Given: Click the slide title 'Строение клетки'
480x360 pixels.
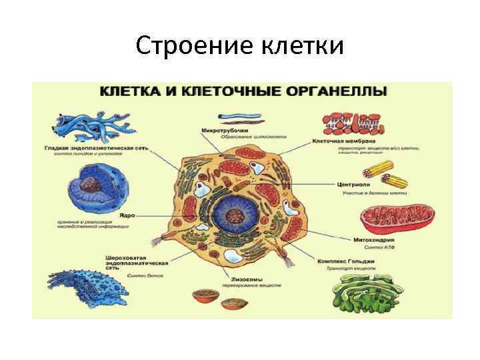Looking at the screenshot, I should click(240, 46).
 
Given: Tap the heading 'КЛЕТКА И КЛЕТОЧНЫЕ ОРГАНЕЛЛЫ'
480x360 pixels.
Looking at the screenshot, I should click(243, 91).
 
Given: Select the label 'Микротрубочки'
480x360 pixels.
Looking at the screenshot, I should click(225, 130).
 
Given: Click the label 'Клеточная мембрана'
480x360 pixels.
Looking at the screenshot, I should click(344, 141).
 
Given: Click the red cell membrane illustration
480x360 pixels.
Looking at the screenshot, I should click(355, 121).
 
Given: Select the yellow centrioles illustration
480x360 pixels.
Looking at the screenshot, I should click(390, 174).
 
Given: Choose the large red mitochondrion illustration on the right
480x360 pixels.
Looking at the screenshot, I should click(397, 217).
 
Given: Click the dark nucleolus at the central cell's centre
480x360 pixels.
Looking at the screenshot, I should click(234, 216).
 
